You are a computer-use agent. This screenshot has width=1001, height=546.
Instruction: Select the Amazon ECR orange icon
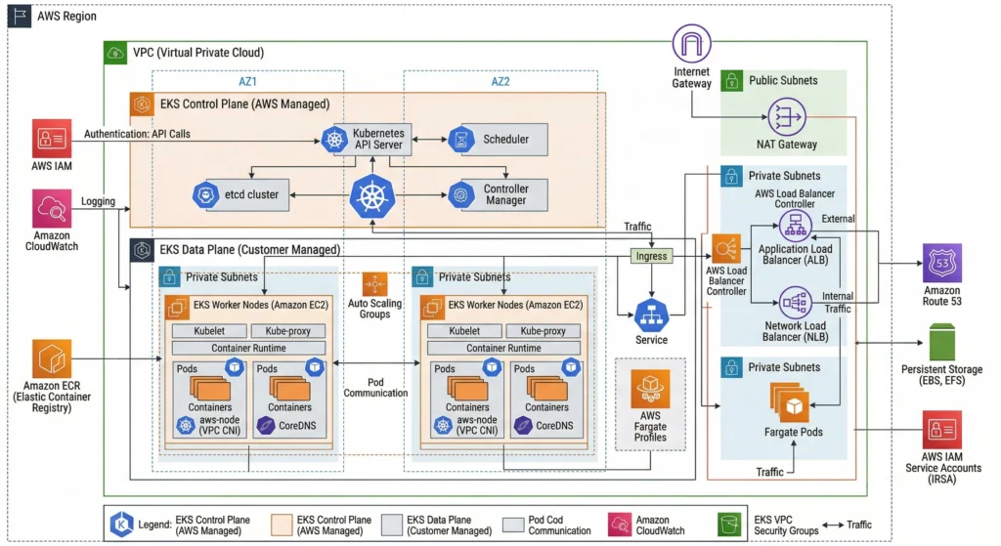point(51,359)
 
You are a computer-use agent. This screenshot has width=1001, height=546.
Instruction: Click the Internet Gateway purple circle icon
point(691,45)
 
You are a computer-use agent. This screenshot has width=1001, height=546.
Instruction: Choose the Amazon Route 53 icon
point(942,263)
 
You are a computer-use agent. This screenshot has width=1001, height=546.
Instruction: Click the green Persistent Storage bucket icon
point(942,343)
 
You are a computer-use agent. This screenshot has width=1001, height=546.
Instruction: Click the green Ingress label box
point(651,256)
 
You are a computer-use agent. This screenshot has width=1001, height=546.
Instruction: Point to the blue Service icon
point(651,315)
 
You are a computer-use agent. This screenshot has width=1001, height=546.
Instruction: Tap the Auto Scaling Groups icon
point(374,284)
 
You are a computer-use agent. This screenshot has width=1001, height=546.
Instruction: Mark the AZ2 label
point(500,82)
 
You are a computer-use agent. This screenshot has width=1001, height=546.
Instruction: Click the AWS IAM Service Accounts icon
point(942,430)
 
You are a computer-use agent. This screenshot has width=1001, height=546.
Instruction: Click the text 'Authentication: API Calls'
point(137,133)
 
